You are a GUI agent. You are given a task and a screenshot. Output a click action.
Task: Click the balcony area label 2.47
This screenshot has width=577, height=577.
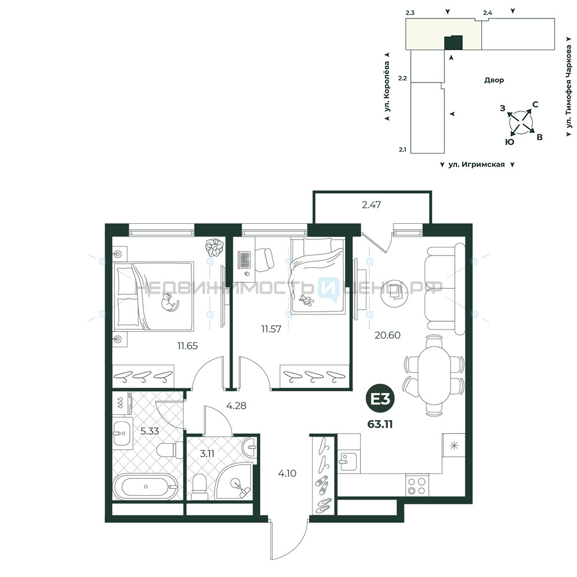pos(371,205)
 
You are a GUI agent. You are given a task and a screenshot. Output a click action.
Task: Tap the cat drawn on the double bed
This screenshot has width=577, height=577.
pos(169,302)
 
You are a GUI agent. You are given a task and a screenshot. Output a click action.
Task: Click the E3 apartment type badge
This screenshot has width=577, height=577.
pos(380,399)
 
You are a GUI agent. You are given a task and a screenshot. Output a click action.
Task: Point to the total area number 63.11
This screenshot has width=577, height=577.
pos(380,424)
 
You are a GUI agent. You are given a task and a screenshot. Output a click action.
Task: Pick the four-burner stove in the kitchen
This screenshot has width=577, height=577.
pos(417,486)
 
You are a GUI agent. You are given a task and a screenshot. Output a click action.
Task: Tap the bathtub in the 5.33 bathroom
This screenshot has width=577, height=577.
pos(146,486)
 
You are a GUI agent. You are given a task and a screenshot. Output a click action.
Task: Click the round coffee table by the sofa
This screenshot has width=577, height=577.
pos(395,293)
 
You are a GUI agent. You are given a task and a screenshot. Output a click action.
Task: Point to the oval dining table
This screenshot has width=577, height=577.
pos(434,376)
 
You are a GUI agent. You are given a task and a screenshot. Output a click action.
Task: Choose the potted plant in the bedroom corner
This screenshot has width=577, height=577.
pos(215,247)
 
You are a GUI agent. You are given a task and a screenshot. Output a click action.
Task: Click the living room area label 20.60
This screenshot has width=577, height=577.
pos(388,335)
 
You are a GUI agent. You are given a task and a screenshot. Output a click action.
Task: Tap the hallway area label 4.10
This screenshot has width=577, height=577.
pos(287,474)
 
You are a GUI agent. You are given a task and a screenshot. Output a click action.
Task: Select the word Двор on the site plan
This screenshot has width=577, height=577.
pos(494,80)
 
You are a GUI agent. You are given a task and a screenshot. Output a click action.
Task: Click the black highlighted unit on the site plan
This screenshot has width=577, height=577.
pos(453,43)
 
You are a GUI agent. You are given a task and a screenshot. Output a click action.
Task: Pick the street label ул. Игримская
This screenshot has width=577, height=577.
pos(477,164)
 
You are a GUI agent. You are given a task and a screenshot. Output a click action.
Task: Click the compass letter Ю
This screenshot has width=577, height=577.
pos(509,142)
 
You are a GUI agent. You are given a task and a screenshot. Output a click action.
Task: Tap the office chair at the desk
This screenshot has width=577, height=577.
pos(265,260)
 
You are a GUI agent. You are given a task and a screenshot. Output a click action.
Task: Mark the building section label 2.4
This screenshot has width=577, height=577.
pos(488,13)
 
